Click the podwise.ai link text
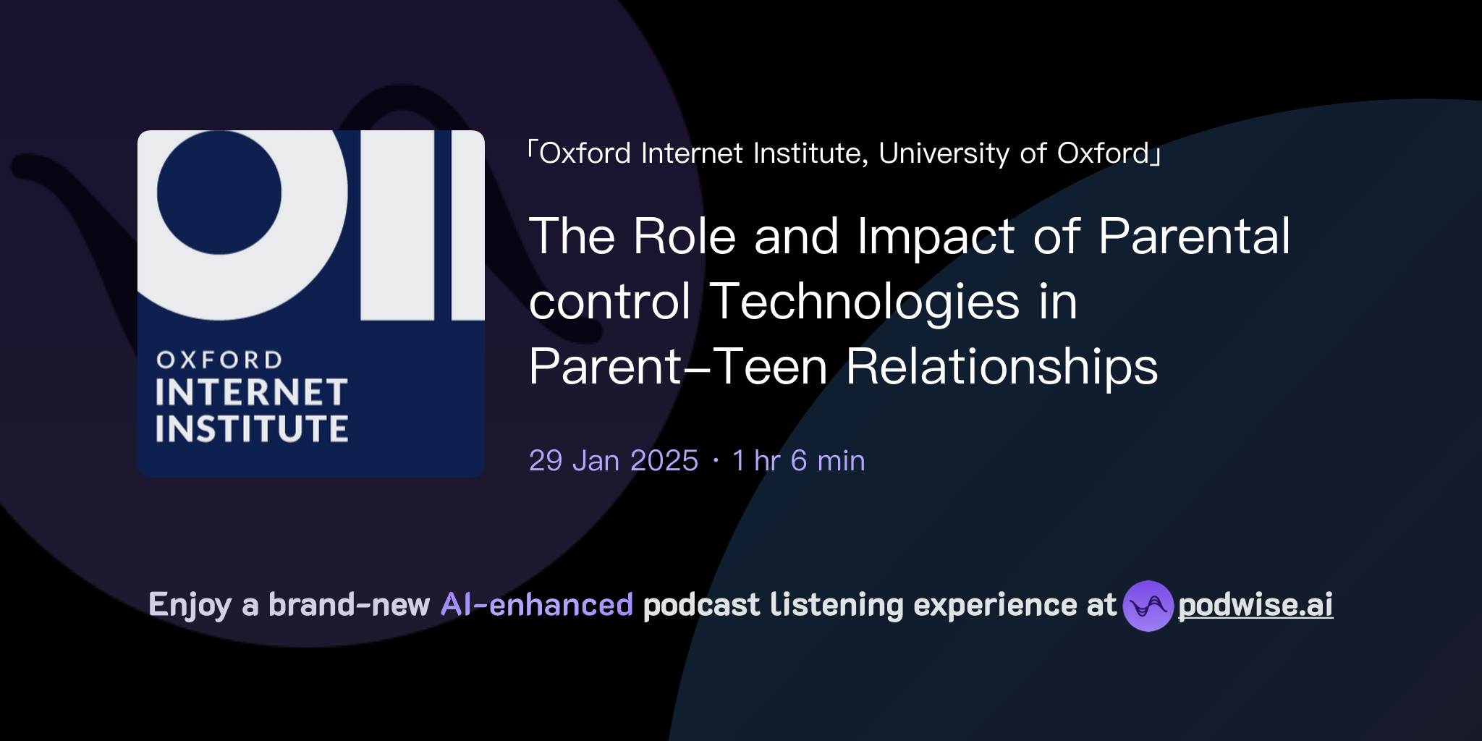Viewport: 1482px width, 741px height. pos(1255,605)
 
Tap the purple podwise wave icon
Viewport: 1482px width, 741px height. pos(1148,606)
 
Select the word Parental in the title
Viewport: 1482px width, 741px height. pos(1194,237)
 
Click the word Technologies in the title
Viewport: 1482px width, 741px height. pos(865,302)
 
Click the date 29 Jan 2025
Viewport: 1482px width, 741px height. pos(613,461)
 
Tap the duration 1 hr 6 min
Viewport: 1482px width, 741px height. pos(798,461)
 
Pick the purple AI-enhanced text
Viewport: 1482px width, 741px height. pos(537,605)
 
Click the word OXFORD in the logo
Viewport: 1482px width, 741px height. pos(219,360)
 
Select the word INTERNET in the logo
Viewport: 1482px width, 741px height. pos(251,393)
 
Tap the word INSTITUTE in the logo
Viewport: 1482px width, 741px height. pos(251,428)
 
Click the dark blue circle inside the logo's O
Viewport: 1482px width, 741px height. pos(219,192)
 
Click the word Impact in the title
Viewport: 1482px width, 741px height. pos(936,237)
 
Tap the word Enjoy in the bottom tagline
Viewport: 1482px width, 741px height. pos(190,605)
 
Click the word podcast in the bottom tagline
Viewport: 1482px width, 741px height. pos(701,605)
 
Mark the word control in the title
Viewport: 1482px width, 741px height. pos(610,302)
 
